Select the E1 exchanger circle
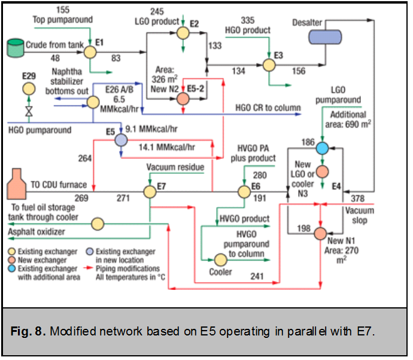pyautogui.click(x=90, y=52)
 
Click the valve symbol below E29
pyautogui.click(x=28, y=111)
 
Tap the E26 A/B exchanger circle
pyautogui.click(x=92, y=102)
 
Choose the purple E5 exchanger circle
pyautogui.click(x=120, y=140)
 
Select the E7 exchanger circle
pyautogui.click(x=150, y=191)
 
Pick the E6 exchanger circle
pyautogui.click(x=244, y=191)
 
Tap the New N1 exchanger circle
pyautogui.click(x=321, y=233)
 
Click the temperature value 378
pyautogui.click(x=357, y=199)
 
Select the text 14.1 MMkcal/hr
pyautogui.click(x=166, y=145)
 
